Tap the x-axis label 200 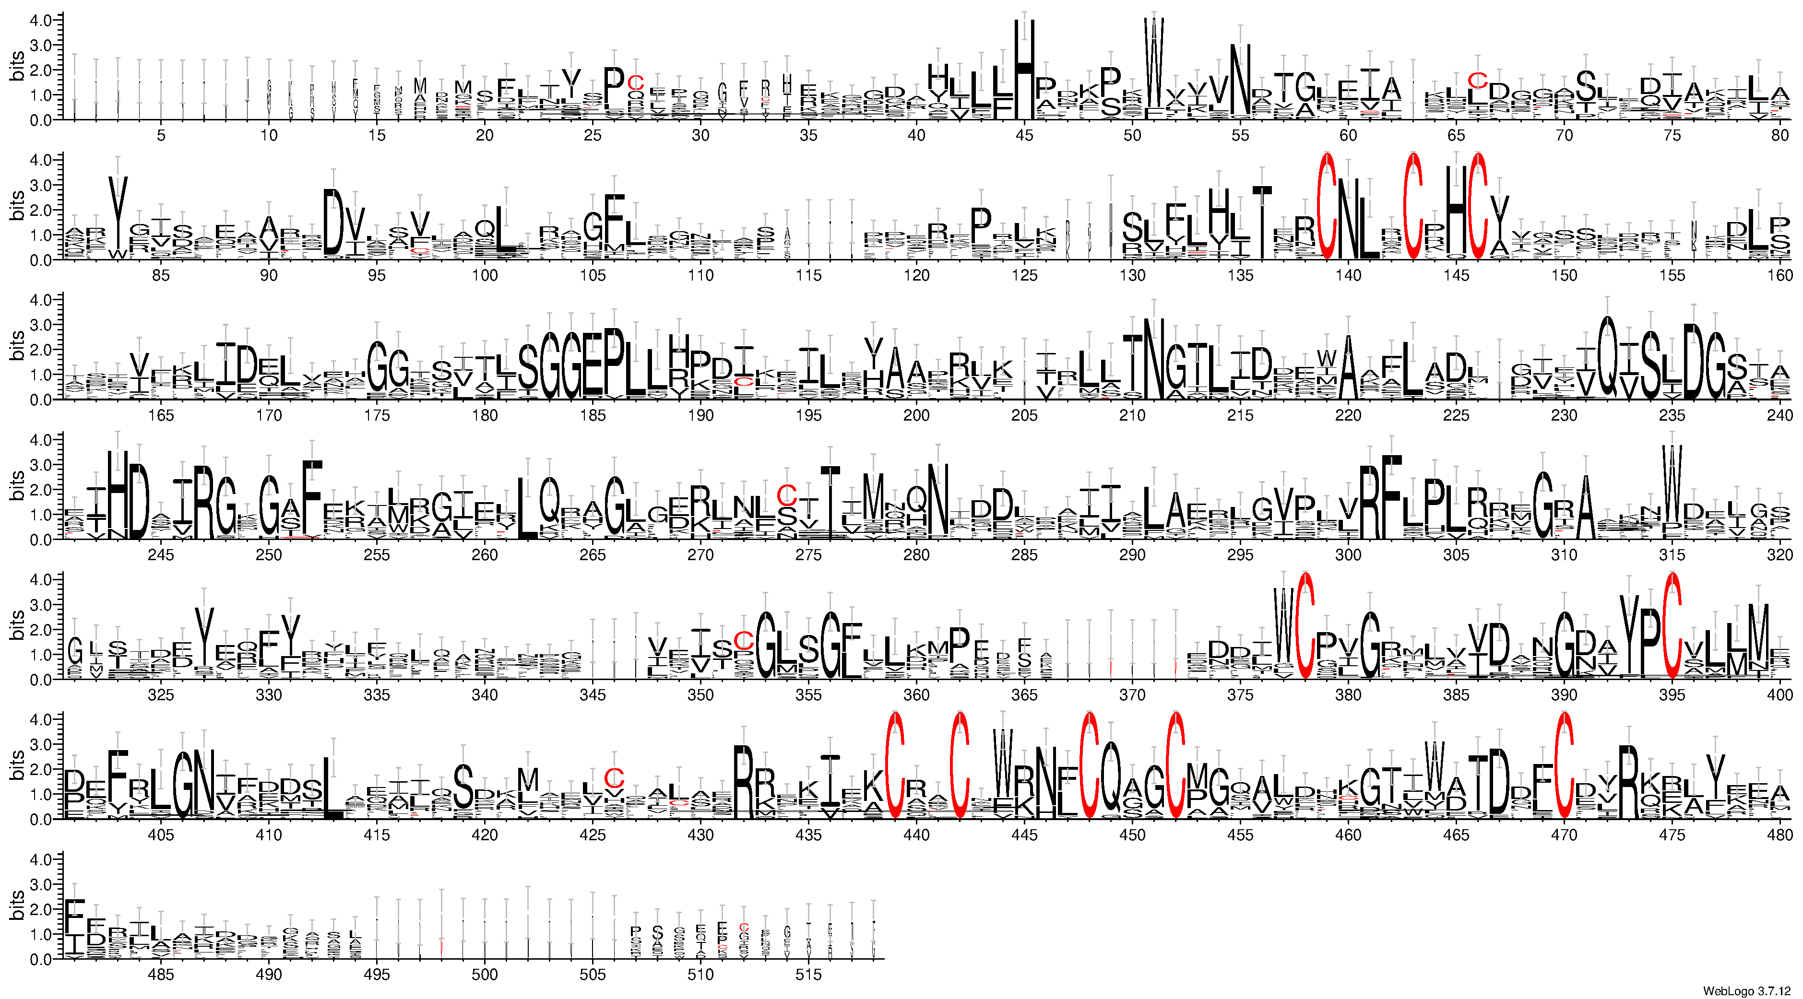916,415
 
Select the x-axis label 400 1780,694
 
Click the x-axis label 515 808,975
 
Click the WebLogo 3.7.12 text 1750,990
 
